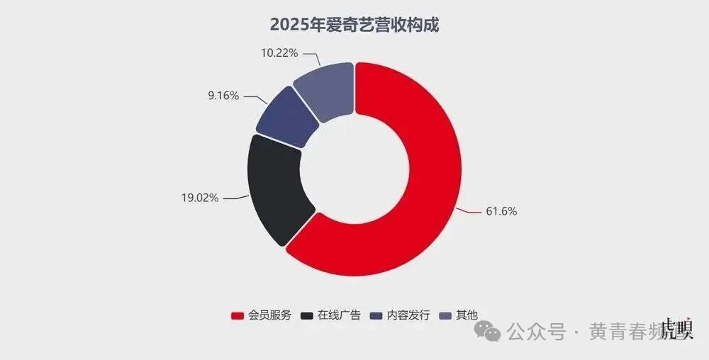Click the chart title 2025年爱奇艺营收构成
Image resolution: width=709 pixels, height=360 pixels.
(354, 25)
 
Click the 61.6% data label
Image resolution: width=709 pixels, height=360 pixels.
(501, 211)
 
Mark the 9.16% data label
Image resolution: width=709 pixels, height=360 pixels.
(223, 95)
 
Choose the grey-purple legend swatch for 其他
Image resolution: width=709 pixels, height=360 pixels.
(447, 315)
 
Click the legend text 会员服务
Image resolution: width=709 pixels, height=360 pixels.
(269, 315)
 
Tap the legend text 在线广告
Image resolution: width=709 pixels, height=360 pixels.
(340, 315)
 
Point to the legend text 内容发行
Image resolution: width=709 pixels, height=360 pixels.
(409, 315)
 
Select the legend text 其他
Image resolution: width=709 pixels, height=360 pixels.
(467, 315)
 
